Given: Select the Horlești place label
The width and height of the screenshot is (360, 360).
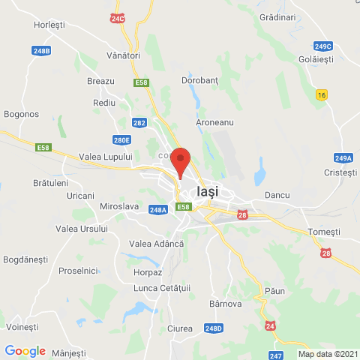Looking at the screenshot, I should coord(49,25).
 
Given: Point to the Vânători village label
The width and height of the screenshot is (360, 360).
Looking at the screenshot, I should coord(123,55).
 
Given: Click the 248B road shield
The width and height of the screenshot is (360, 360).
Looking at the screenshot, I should coord(42,51).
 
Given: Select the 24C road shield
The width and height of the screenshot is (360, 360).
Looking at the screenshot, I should coord(118,18).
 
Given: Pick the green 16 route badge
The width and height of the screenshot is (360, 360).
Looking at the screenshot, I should coord(322,94).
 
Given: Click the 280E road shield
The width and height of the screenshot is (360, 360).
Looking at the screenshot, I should coord(121,139).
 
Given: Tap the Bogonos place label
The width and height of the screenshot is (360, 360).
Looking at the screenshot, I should coord(21,114).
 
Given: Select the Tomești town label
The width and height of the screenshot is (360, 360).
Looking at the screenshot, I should coord(324,232).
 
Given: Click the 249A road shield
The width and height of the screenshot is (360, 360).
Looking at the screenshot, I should coord(343,157).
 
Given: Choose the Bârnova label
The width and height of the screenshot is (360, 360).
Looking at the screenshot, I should coord(225,304).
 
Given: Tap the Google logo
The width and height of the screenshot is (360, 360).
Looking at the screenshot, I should coord(25,351).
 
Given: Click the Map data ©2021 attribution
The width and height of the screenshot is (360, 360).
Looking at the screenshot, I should coord(328,354).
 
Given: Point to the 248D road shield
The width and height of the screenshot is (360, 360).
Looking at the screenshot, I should coord(214,328).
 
